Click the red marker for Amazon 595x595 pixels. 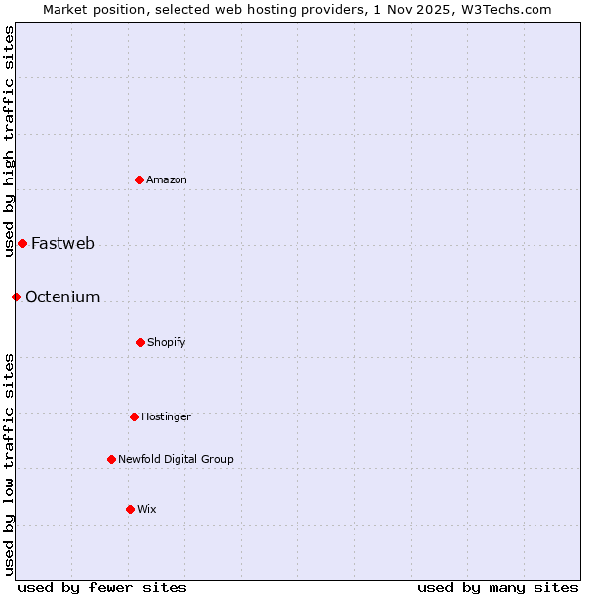(140, 179)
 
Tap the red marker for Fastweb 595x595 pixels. (22, 243)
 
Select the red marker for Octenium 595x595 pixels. (16, 297)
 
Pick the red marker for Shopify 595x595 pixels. (140, 342)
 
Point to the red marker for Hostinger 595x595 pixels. (134, 416)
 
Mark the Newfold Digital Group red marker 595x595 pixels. (111, 459)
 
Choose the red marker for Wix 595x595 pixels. (130, 509)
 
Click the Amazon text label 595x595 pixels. (167, 179)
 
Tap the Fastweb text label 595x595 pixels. (62, 243)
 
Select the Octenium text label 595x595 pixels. (62, 297)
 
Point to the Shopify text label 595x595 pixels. (167, 342)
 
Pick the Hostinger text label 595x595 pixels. (166, 416)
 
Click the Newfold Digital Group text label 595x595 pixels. (176, 459)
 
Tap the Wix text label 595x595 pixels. (147, 509)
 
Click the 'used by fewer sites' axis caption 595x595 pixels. (102, 587)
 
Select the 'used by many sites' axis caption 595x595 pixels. (498, 587)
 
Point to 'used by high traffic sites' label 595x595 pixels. (9, 133)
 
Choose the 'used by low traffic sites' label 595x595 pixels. (9, 463)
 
